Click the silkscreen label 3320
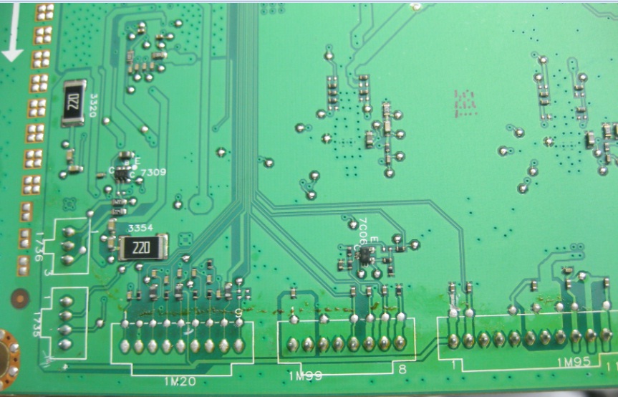93,108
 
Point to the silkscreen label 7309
155,173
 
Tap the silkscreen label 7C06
363,231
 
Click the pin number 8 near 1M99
402,369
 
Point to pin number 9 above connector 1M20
238,312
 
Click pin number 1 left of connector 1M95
453,364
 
